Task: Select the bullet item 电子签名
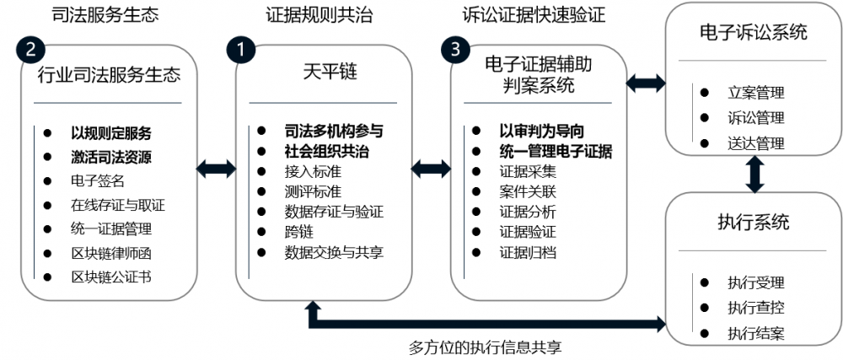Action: click(x=98, y=180)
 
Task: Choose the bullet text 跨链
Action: click(x=298, y=231)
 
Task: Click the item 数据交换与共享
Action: click(x=334, y=251)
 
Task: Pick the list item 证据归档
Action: click(x=528, y=251)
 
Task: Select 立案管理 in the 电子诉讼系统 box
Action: click(x=755, y=93)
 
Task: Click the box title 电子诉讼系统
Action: click(x=753, y=33)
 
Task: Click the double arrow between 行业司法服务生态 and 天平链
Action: click(x=216, y=169)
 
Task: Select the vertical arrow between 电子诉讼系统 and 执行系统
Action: click(x=754, y=174)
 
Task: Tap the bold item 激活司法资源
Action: click(x=111, y=156)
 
